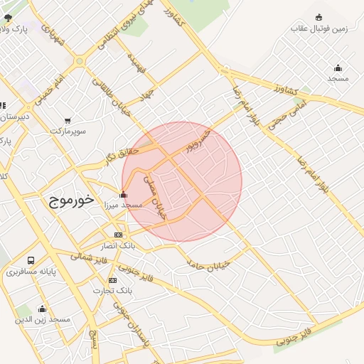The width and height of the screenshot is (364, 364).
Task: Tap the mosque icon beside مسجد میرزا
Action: point(123,194)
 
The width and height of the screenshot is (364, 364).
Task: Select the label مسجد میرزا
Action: point(123,205)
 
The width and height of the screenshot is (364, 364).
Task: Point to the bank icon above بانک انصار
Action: point(118,235)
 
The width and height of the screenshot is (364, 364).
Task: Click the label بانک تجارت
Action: point(112,291)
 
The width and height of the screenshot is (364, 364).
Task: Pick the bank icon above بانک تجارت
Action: point(112,280)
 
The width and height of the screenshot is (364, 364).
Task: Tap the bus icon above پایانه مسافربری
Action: point(31,261)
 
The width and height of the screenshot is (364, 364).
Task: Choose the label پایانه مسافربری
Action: point(31,272)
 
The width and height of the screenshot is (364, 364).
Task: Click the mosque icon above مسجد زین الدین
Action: point(42,309)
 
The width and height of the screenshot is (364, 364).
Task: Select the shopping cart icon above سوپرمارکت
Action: point(67,121)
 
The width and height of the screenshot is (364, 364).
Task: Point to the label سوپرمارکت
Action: point(68,132)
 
